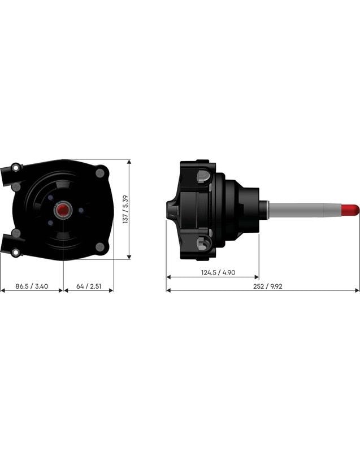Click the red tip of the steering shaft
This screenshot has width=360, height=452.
pos(352,209)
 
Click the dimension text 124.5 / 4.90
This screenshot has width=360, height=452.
pos(213,273)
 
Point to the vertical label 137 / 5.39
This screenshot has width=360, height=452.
pos(125,210)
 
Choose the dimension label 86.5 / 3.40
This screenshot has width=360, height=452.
pos(31,286)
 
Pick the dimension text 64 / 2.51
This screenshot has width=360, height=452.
pos(89,286)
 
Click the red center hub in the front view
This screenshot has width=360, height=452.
pos(62,210)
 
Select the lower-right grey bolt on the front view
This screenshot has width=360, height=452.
pos(101,246)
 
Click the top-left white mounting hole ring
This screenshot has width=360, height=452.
pos(15,167)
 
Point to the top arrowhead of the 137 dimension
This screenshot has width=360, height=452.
pos(129,162)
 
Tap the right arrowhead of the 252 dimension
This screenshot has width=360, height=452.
pos(357,291)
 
